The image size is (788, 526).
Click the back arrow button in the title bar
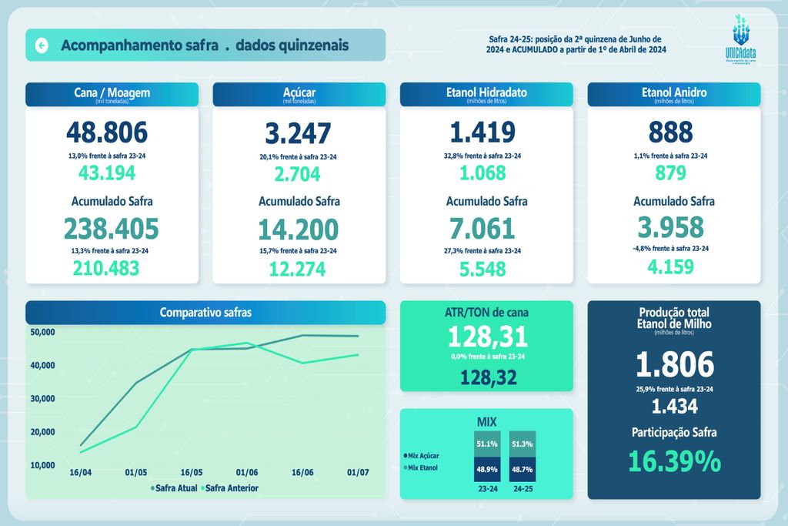(42, 45)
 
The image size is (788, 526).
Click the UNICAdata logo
(743, 42)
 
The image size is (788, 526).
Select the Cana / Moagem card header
(112, 94)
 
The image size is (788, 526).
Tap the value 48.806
(106, 133)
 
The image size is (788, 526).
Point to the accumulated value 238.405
(112, 229)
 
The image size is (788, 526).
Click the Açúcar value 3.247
(299, 133)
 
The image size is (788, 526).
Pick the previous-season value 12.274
(298, 269)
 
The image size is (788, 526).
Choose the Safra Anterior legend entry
(229, 488)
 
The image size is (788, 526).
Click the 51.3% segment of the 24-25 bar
(523, 444)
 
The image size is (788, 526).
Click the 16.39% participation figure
(674, 461)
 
